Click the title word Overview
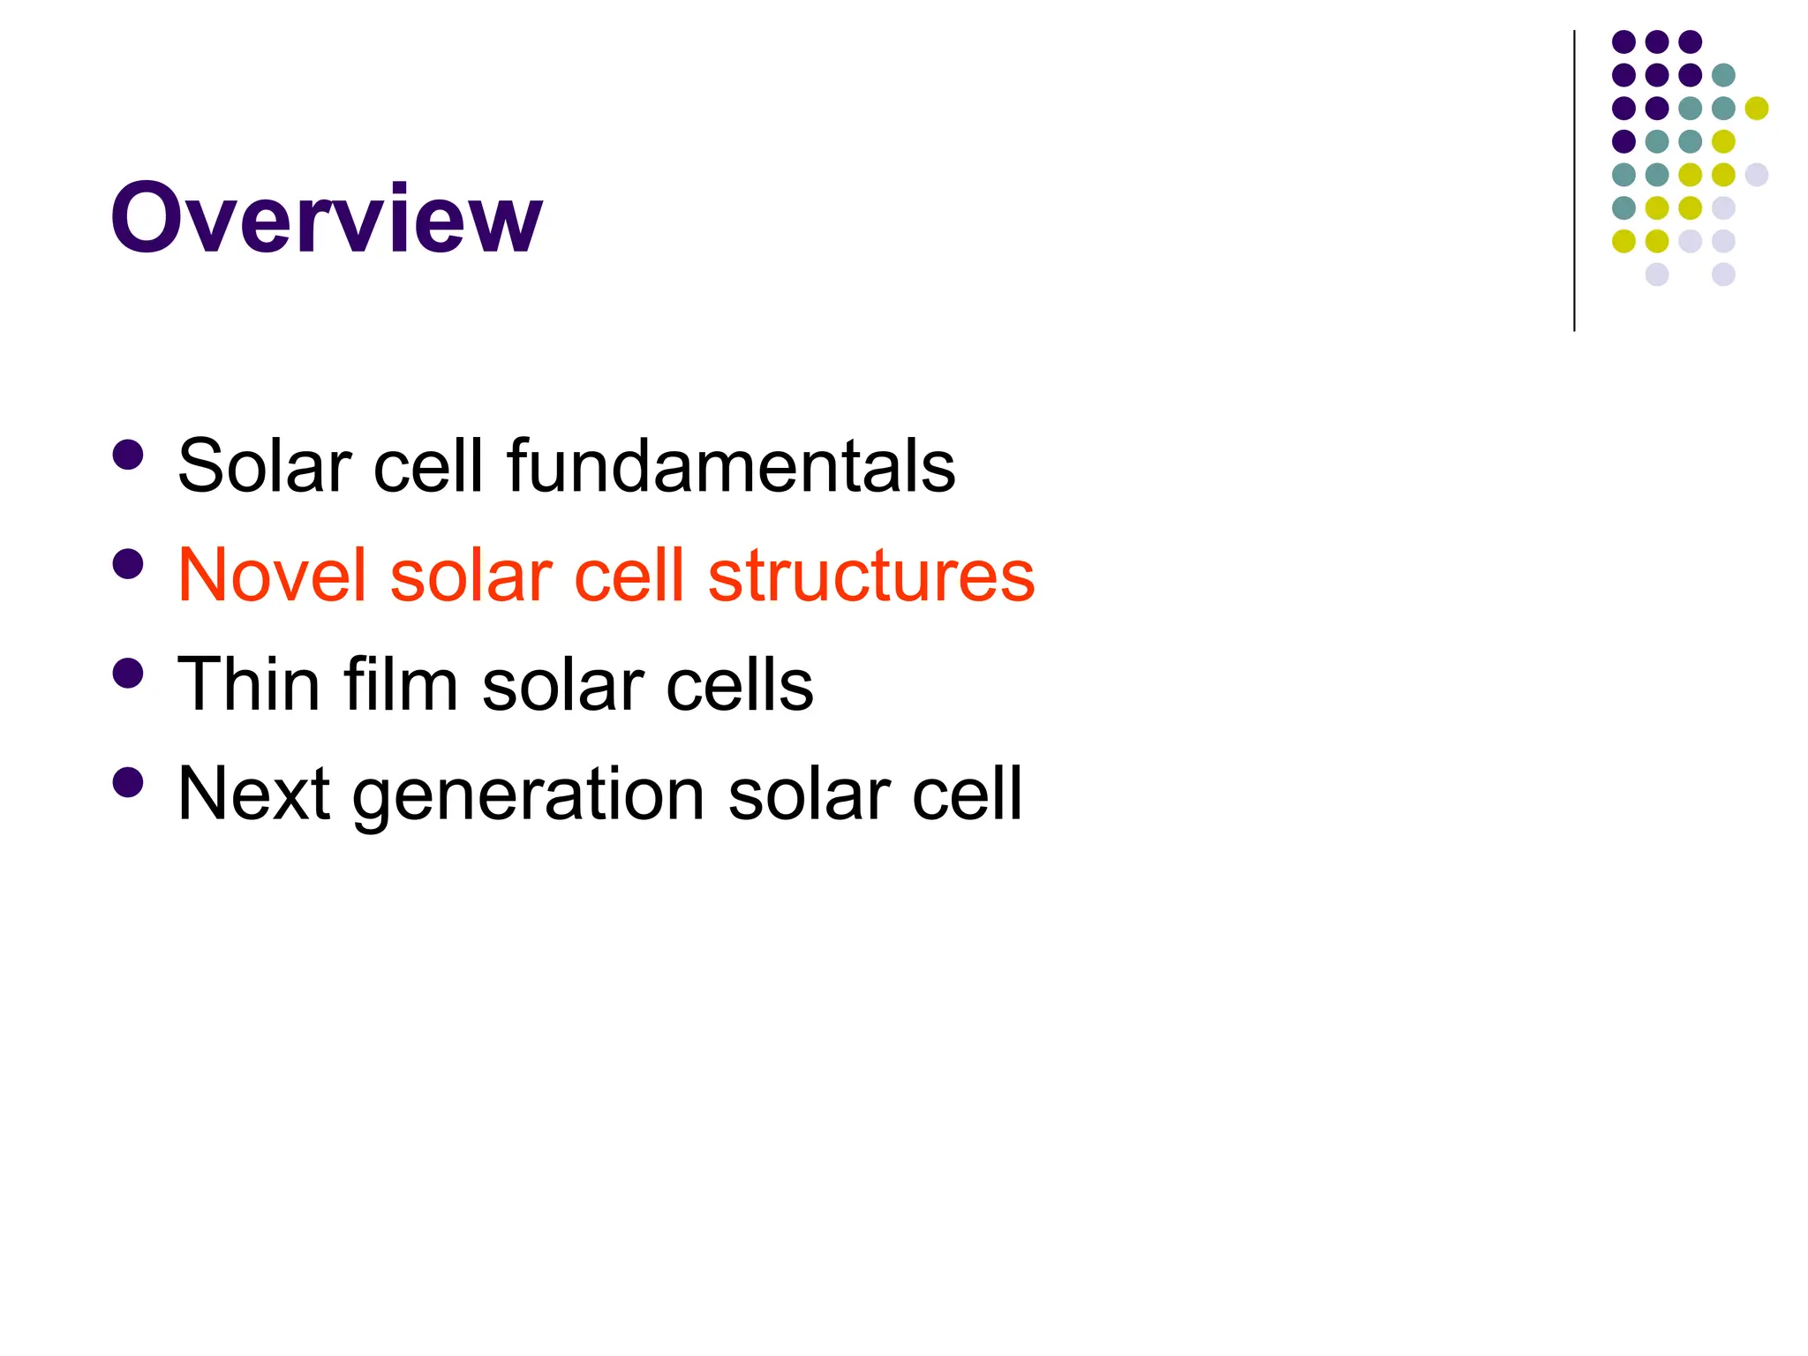[x=326, y=218]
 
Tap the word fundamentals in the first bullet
[x=731, y=465]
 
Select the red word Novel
[x=272, y=575]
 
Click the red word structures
[x=871, y=575]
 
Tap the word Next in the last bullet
[x=254, y=794]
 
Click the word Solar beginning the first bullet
[x=263, y=465]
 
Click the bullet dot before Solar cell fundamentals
[x=129, y=455]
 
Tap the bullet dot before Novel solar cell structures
[x=129, y=564]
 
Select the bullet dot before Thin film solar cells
[x=129, y=674]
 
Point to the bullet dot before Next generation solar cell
[x=129, y=782]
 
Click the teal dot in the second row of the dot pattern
[x=1723, y=75]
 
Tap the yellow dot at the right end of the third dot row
[x=1757, y=109]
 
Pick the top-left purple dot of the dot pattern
[x=1623, y=41]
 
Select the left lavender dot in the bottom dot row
[x=1657, y=275]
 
